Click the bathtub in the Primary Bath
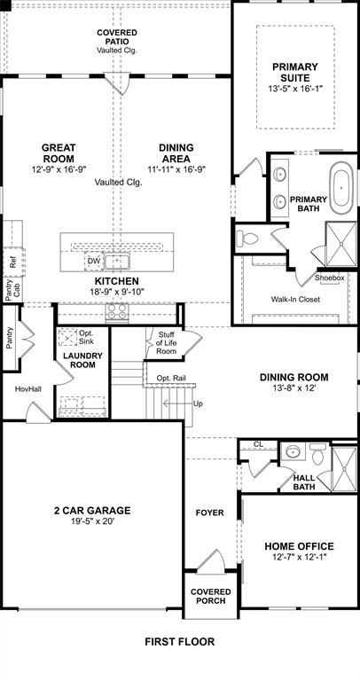tap(341, 189)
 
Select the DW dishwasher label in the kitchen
tap(94, 261)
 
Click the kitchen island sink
tap(117, 261)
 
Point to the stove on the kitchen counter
tap(117, 311)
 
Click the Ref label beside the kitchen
tap(12, 262)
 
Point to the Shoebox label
tap(329, 278)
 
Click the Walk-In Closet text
tap(295, 299)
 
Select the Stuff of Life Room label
tap(167, 343)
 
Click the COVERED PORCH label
tap(210, 596)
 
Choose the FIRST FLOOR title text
tap(180, 641)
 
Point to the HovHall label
tap(27, 389)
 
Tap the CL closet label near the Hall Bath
tap(258, 444)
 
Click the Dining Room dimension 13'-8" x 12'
tap(294, 388)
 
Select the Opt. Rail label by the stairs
tap(170, 378)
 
